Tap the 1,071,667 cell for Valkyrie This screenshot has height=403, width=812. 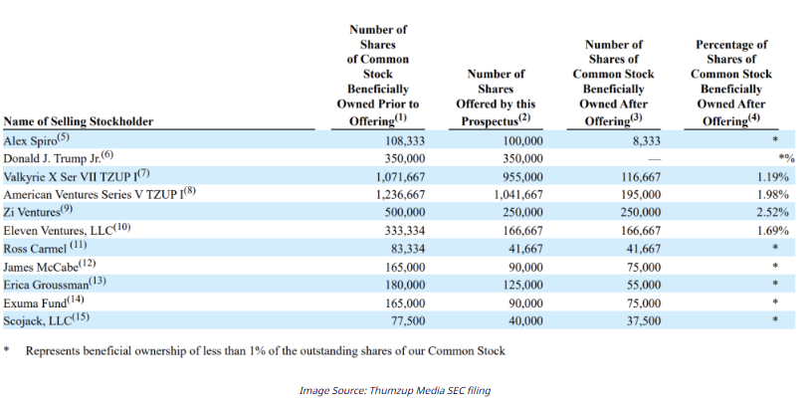400,177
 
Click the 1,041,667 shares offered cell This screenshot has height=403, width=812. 518,195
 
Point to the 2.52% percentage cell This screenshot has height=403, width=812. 772,212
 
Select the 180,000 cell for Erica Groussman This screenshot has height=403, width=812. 405,285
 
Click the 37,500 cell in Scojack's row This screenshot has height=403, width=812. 644,321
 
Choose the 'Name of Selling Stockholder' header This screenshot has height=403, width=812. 79,121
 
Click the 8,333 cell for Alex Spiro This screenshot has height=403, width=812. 647,141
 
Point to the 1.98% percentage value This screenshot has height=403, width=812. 772,195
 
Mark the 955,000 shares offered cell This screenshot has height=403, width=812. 524,177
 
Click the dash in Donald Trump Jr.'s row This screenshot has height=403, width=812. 655,158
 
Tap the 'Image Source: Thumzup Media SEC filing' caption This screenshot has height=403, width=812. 395,391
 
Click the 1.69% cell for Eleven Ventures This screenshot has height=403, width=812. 772,231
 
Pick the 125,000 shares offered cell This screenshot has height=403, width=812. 524,285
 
